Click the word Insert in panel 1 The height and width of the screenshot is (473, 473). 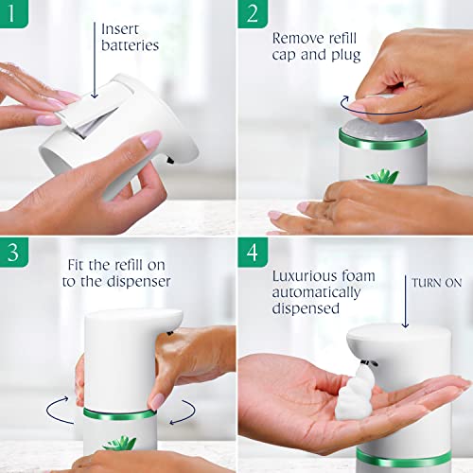[x=121, y=28]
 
